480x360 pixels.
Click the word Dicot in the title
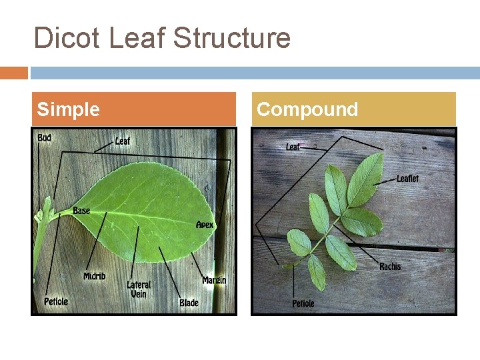67,38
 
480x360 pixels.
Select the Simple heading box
133,109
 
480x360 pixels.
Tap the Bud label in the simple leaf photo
44,138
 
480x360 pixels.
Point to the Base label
81,211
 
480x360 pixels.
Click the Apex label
205,225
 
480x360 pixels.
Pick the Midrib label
94,276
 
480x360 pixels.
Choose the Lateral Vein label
139,289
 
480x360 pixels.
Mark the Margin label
214,280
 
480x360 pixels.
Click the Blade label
189,303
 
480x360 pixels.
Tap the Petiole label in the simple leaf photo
56,301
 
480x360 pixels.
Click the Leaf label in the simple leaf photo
123,141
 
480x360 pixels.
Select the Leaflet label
407,179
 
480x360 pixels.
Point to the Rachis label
390,267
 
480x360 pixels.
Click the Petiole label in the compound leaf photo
303,304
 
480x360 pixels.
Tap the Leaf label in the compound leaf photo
293,147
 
